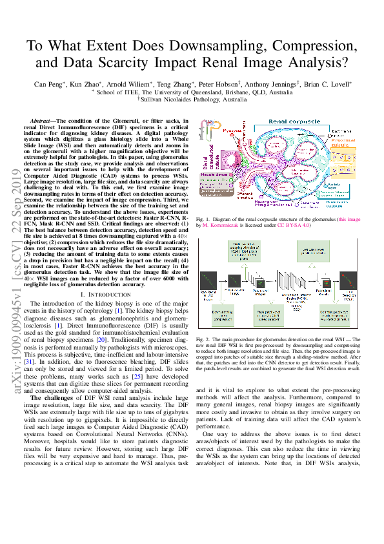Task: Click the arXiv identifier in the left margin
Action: click(14, 323)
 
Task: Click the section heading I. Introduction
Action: click(106, 294)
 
